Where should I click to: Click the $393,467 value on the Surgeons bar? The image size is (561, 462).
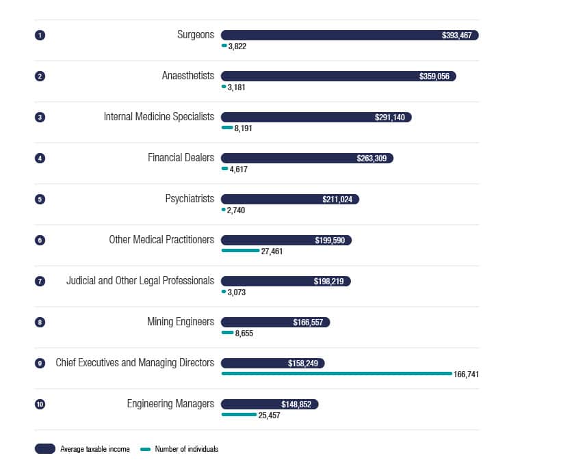(x=456, y=36)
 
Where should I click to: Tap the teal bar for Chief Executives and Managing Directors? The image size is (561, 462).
(x=336, y=374)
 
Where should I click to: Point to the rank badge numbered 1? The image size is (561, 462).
(x=40, y=35)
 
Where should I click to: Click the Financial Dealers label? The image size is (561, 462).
(x=181, y=158)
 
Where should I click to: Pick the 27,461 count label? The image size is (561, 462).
(x=272, y=252)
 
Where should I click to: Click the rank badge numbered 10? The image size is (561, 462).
(x=40, y=404)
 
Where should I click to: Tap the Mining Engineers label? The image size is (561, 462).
(x=181, y=322)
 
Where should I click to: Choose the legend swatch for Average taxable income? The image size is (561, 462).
(x=45, y=449)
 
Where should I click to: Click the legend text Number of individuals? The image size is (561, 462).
(x=187, y=449)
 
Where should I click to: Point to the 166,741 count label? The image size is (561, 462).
(x=466, y=375)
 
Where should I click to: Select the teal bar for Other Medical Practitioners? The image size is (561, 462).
(x=240, y=251)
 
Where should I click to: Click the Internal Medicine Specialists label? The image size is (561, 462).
(x=159, y=117)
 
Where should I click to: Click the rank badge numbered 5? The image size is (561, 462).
(x=40, y=199)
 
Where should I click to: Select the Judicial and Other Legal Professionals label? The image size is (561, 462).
(x=140, y=281)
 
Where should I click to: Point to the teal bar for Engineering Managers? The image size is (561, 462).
(x=239, y=415)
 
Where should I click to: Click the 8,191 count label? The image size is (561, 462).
(x=243, y=128)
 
